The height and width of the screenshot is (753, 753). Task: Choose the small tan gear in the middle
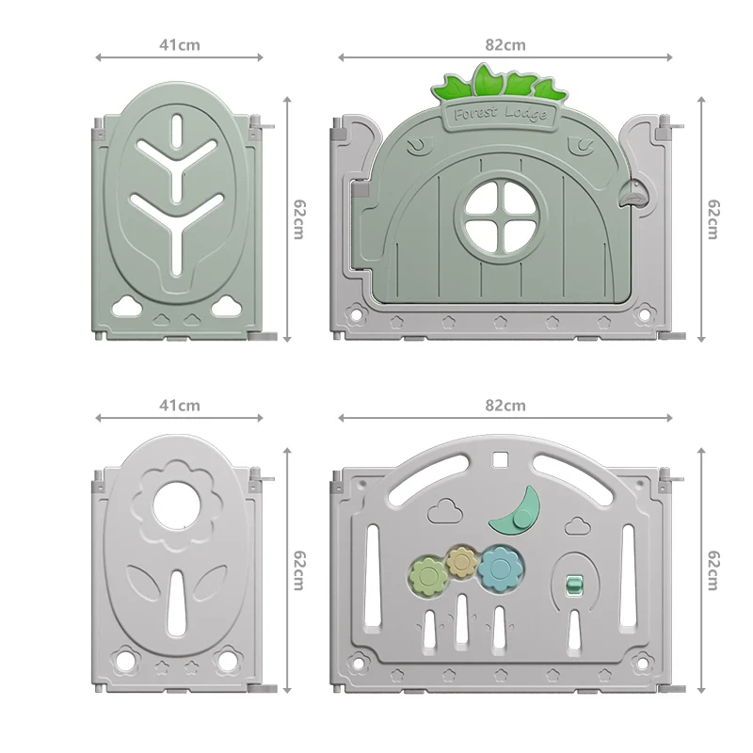coord(461,562)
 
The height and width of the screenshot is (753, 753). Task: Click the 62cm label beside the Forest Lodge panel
coord(713,219)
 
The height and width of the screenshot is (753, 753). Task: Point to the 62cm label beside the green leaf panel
coord(298,219)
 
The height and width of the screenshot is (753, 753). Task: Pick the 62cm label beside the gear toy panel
coord(713,570)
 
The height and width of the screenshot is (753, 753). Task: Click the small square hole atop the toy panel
coord(500,461)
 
